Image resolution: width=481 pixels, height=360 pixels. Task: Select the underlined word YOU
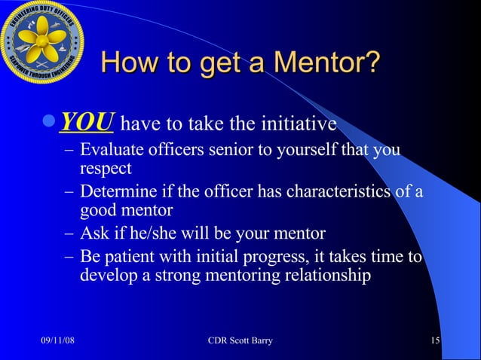[x=86, y=122]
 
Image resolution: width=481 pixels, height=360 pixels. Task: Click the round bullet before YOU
[x=50, y=123]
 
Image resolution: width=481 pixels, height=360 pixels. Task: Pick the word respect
[x=106, y=167]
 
